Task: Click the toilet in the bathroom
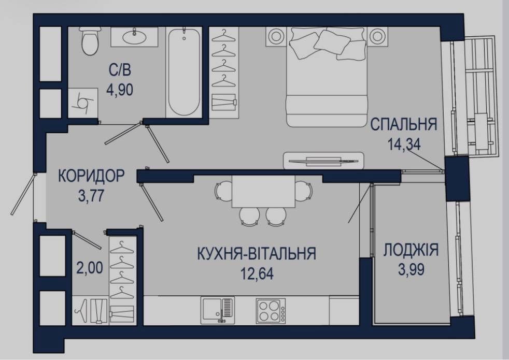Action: click(x=90, y=41)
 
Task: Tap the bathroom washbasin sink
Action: click(x=134, y=36)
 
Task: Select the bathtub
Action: click(x=184, y=72)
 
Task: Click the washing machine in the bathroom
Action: click(x=83, y=103)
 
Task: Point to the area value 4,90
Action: click(x=120, y=90)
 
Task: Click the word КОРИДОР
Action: click(x=91, y=176)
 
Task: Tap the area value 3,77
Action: click(x=91, y=196)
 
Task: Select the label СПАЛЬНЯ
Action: click(x=404, y=124)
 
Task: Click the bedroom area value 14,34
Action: click(x=404, y=145)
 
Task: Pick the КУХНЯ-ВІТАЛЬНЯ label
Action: click(x=257, y=254)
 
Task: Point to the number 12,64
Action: click(x=257, y=273)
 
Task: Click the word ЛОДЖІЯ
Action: click(x=411, y=250)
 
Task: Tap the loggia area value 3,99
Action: click(x=411, y=269)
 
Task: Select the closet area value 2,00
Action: click(x=90, y=268)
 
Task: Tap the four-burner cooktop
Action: click(x=271, y=311)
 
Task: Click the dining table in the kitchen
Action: click(x=263, y=191)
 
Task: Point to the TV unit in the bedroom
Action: click(x=323, y=160)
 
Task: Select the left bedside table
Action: click(x=276, y=36)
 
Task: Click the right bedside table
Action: click(x=377, y=36)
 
